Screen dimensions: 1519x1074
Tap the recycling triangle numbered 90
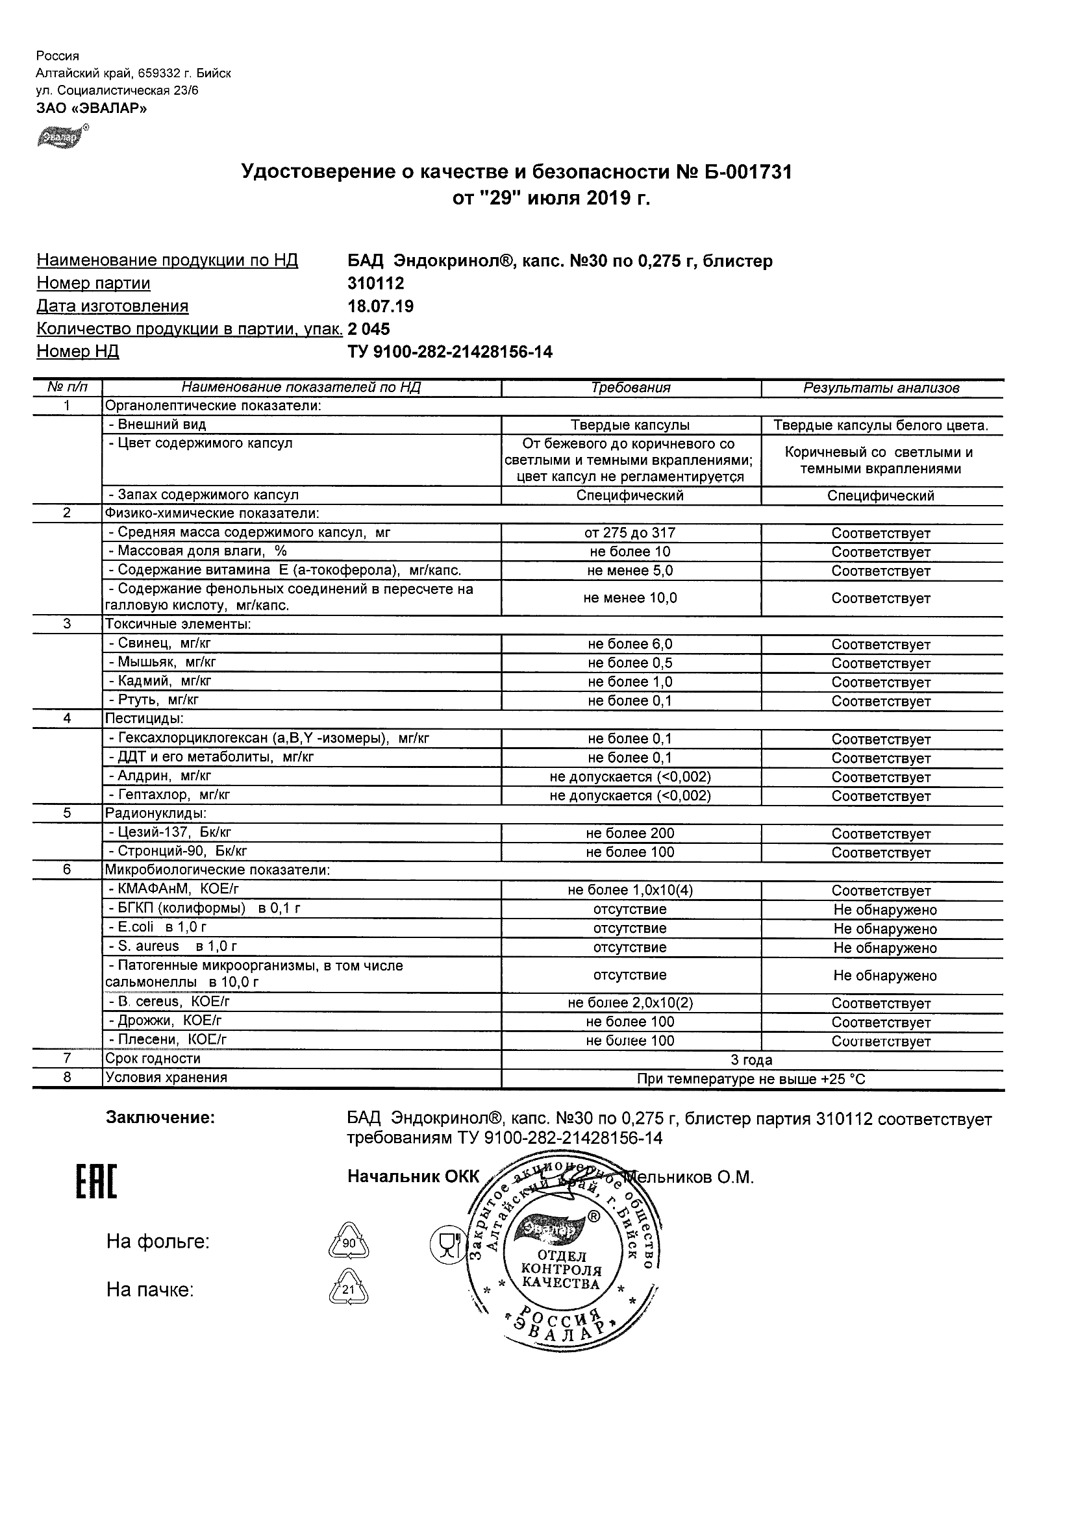(349, 1242)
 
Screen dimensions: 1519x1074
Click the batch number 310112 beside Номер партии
(375, 283)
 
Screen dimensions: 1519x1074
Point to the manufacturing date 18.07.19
(381, 306)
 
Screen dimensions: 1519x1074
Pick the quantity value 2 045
(369, 329)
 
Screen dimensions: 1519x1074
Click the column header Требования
(631, 388)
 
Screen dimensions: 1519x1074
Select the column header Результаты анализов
(880, 388)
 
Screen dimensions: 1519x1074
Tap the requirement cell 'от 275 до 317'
(630, 533)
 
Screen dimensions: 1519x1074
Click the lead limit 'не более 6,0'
(630, 645)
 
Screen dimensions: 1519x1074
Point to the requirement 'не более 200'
(630, 834)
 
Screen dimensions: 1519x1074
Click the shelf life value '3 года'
(751, 1061)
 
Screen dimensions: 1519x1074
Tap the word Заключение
(160, 1118)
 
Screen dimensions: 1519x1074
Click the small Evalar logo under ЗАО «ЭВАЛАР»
(60, 137)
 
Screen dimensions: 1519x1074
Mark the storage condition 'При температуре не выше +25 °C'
(751, 1080)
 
